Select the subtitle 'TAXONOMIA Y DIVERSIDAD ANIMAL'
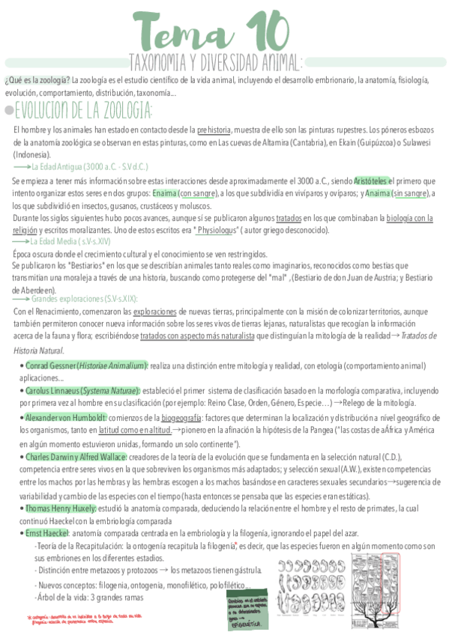[x=215, y=61]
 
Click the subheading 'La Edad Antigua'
[x=90, y=166]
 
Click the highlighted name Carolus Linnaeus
[x=82, y=391]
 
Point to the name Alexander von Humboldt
[x=66, y=416]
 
